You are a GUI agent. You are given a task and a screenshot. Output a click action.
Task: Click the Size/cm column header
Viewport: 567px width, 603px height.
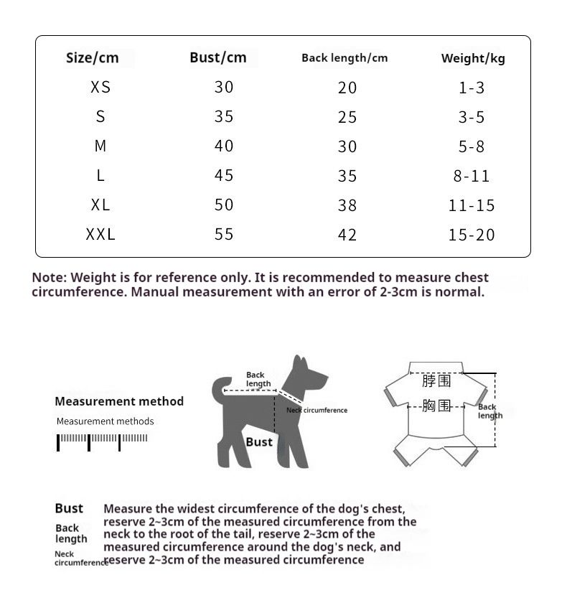tap(92, 57)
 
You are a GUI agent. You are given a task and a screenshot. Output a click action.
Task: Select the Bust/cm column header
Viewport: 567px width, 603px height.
tap(217, 57)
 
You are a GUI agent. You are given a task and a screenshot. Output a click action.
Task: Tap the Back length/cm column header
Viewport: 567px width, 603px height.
tap(345, 57)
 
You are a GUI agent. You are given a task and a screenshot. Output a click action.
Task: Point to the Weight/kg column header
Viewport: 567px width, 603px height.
tap(473, 58)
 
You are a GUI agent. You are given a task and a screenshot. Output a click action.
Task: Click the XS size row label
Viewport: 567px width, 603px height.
tap(100, 88)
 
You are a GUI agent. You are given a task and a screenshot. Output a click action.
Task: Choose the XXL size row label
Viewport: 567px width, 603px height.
tap(100, 234)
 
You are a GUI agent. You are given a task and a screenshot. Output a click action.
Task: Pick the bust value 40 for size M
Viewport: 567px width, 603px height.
tap(224, 146)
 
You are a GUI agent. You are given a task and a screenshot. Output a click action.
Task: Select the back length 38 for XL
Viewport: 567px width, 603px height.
tap(347, 205)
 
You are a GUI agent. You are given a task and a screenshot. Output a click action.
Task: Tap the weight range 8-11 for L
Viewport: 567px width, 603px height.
tap(472, 176)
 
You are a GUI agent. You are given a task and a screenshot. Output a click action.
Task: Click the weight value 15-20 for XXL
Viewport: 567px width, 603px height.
tap(472, 235)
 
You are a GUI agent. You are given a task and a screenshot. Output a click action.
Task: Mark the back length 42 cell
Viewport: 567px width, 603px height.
tap(347, 235)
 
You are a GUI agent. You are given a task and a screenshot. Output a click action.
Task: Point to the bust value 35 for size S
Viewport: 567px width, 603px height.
tap(224, 116)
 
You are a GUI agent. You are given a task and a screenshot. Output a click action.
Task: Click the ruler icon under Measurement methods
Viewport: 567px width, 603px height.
tap(103, 441)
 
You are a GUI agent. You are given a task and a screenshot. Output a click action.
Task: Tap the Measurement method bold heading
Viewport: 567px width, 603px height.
tap(119, 401)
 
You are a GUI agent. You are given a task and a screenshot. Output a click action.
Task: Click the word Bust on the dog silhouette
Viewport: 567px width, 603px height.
tap(259, 441)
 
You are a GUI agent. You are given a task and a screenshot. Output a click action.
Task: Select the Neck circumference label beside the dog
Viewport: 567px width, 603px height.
tap(317, 410)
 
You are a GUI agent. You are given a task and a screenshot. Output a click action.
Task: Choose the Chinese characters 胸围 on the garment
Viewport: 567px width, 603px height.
tap(436, 406)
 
